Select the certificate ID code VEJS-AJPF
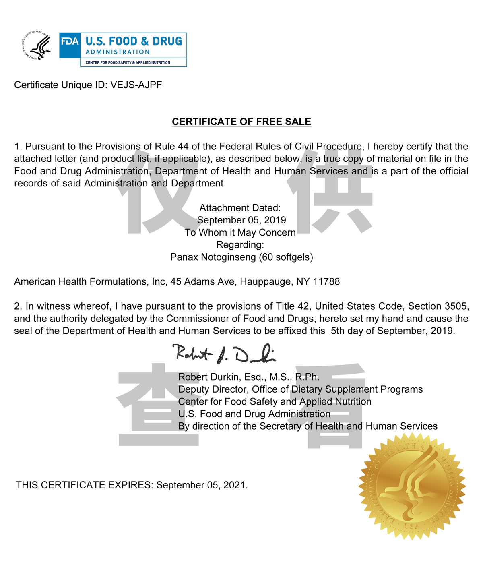click(136, 85)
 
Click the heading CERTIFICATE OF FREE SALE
click(242, 122)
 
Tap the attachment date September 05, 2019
click(242, 220)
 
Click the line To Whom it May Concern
click(240, 232)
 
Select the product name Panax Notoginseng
click(213, 257)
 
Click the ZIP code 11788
click(326, 281)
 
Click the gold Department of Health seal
click(412, 486)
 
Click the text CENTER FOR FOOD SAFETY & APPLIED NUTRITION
click(128, 62)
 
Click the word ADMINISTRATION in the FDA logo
click(118, 52)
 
